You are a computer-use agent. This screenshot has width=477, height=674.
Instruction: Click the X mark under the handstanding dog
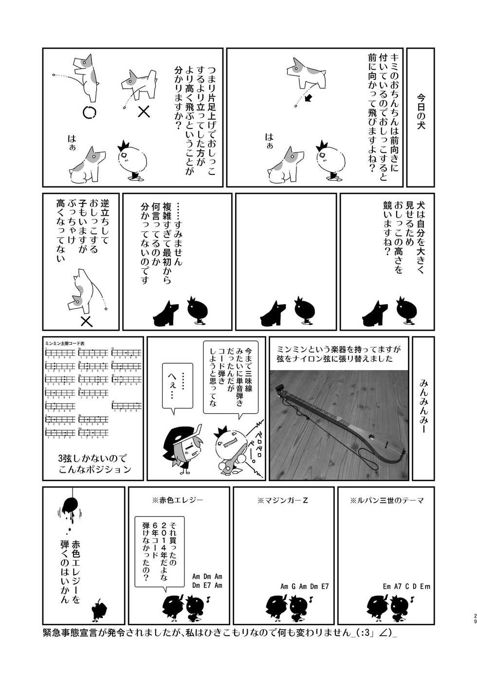(86, 321)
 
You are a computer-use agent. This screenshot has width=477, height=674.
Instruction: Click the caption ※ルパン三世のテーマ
(386, 500)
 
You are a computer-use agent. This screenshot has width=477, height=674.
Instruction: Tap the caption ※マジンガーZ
(285, 500)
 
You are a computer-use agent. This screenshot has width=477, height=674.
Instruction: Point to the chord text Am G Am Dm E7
(304, 586)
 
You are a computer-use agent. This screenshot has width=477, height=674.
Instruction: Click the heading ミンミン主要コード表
(65, 343)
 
